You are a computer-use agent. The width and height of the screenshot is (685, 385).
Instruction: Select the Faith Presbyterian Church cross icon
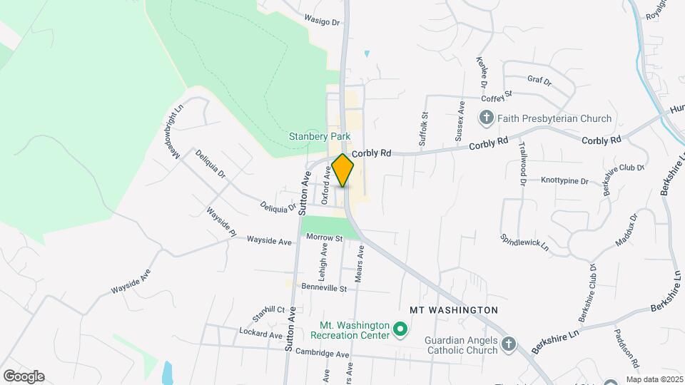point(487,118)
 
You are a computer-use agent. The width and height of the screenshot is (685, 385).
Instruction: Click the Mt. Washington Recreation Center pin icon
point(400,330)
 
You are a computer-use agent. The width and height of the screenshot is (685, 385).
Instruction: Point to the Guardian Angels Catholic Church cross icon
point(509,344)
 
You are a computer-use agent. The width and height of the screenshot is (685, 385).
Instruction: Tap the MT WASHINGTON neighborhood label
point(453,310)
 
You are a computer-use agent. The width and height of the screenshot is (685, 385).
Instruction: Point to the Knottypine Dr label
point(564,181)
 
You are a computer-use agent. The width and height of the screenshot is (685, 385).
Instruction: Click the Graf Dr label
point(539,81)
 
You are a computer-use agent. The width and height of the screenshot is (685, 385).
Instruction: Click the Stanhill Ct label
point(268,313)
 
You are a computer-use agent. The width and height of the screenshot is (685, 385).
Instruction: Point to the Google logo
point(24,376)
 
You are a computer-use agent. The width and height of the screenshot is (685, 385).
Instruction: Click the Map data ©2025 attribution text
point(654,379)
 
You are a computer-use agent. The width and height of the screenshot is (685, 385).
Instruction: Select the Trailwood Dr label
point(523,165)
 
